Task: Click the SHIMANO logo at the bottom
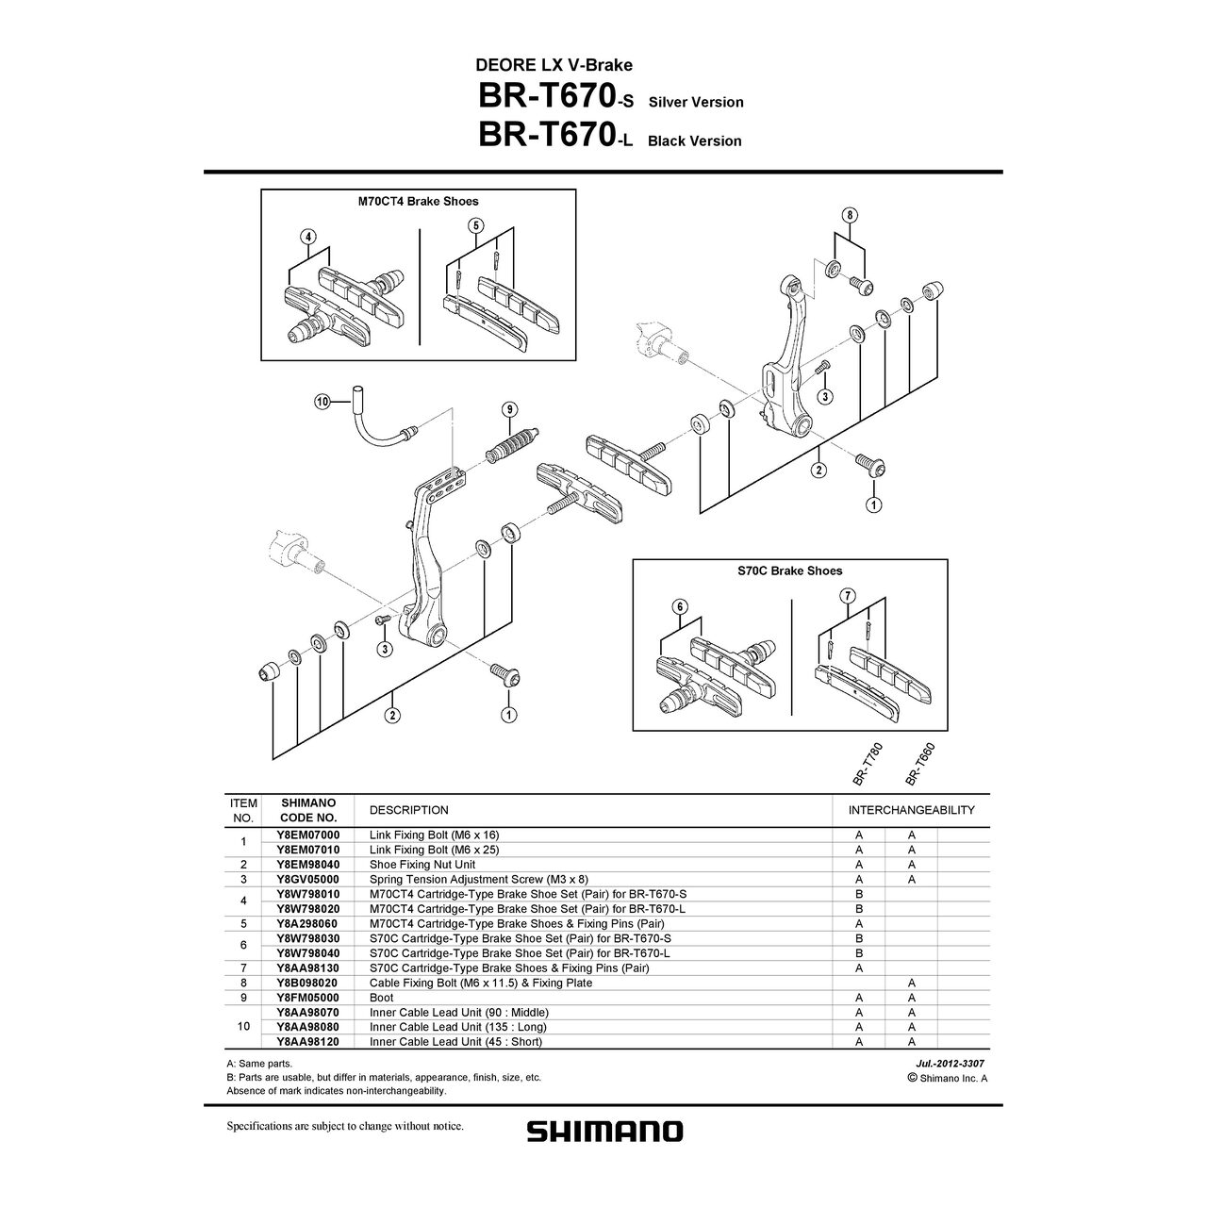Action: [x=603, y=1130]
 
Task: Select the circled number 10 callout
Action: [x=322, y=402]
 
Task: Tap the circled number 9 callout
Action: [x=509, y=408]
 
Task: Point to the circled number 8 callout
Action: [x=851, y=215]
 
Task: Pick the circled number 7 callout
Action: [x=847, y=595]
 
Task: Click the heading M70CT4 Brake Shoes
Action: [x=418, y=201]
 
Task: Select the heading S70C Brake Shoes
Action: [x=789, y=570]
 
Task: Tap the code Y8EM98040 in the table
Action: [x=309, y=864]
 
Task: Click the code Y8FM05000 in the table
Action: [x=309, y=997]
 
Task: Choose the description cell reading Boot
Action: [x=382, y=997]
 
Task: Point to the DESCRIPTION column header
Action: [x=408, y=810]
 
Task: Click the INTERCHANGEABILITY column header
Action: [x=911, y=810]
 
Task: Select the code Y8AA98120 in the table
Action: [x=309, y=1041]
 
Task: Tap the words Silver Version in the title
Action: [x=696, y=102]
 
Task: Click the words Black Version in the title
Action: [x=694, y=141]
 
